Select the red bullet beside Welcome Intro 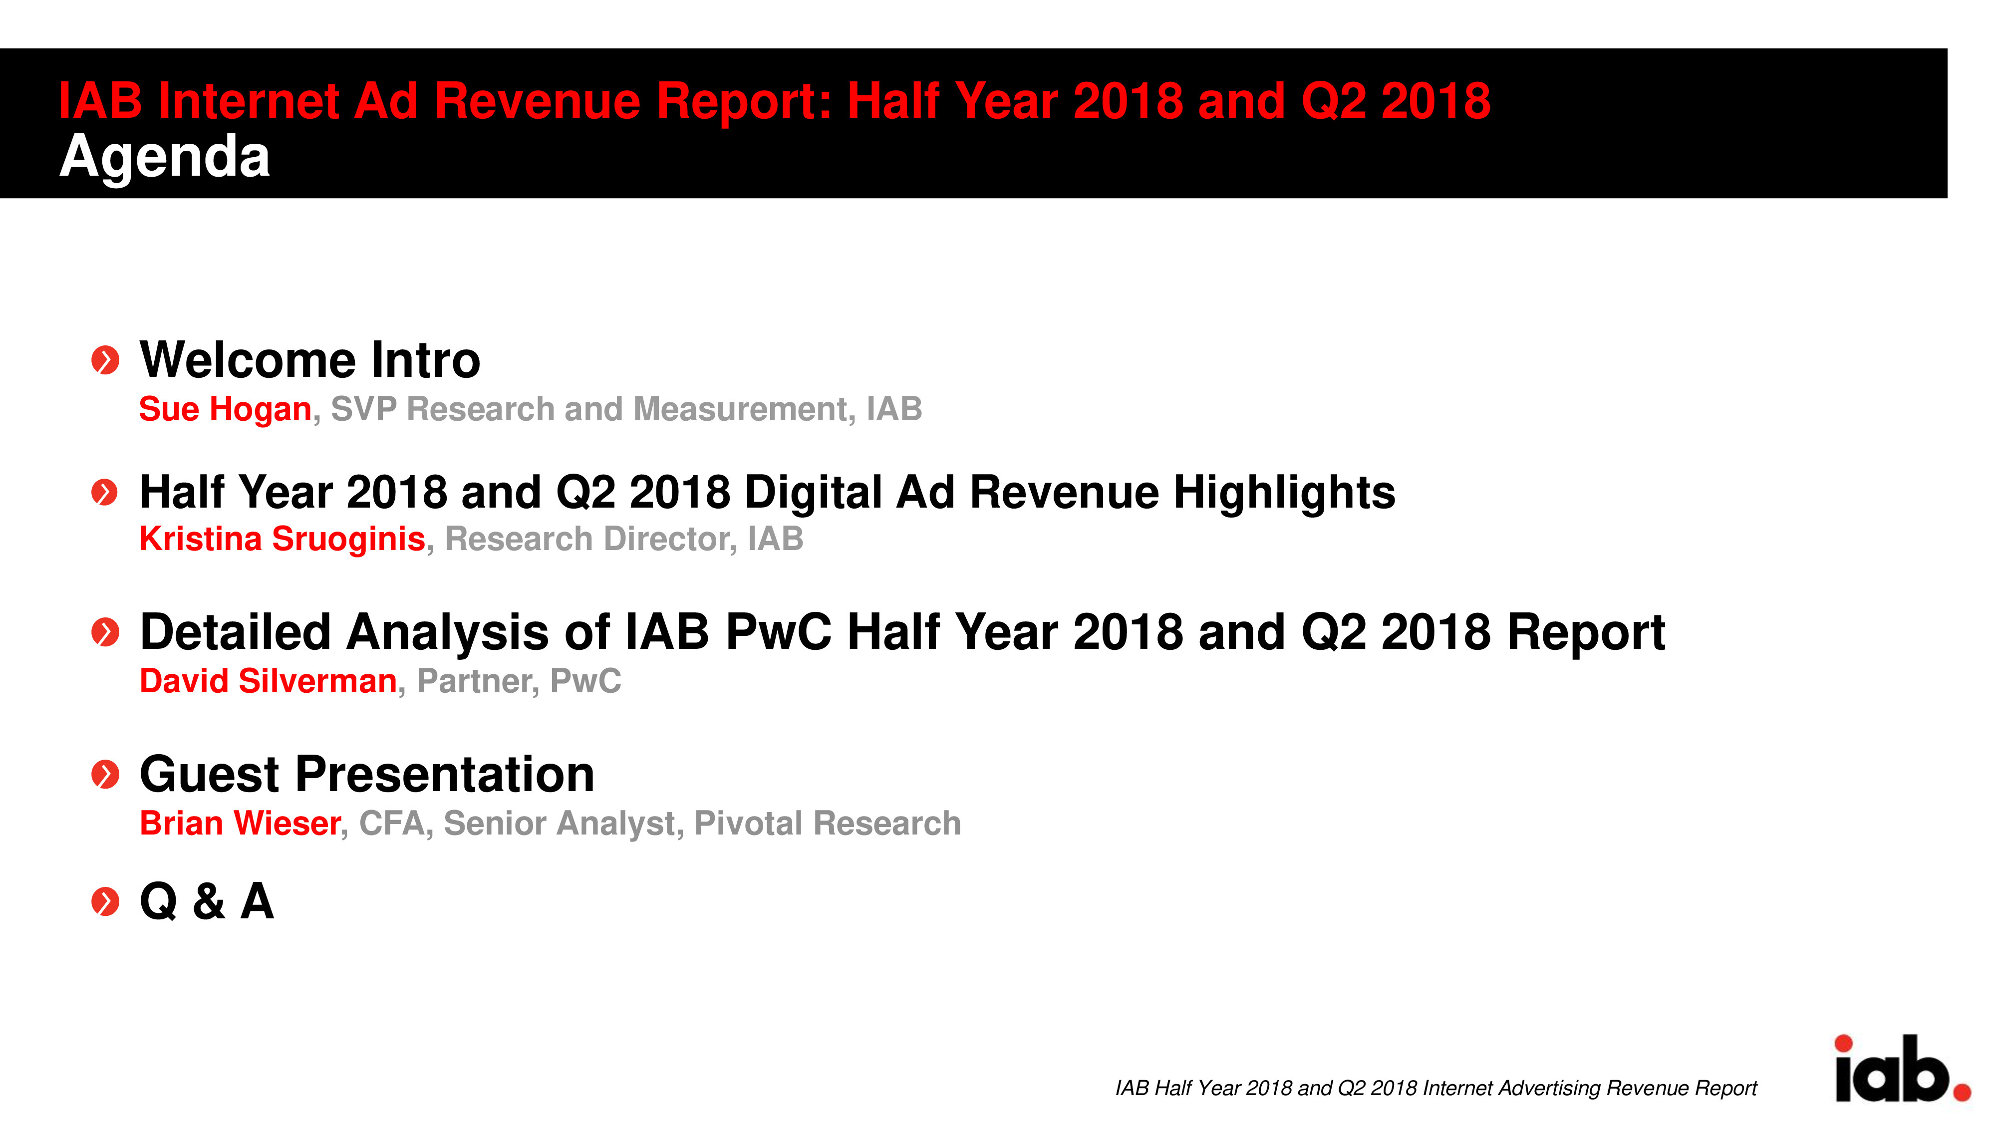105,360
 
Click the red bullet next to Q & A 105,901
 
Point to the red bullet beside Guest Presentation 105,774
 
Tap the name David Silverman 268,681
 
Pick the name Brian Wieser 240,823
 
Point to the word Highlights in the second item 1284,494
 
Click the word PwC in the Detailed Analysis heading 778,632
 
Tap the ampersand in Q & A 209,901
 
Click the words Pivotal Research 828,823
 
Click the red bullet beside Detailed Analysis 105,632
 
